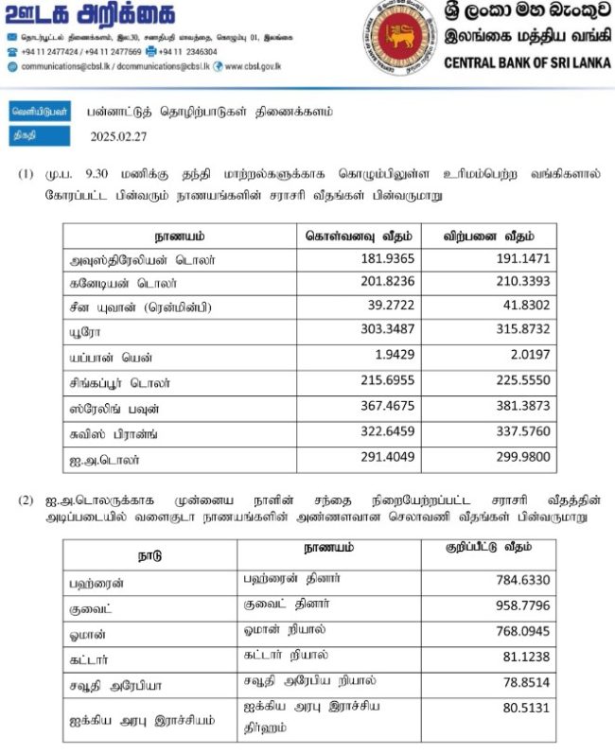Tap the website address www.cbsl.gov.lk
coord(253,66)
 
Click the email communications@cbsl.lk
coord(64,66)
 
